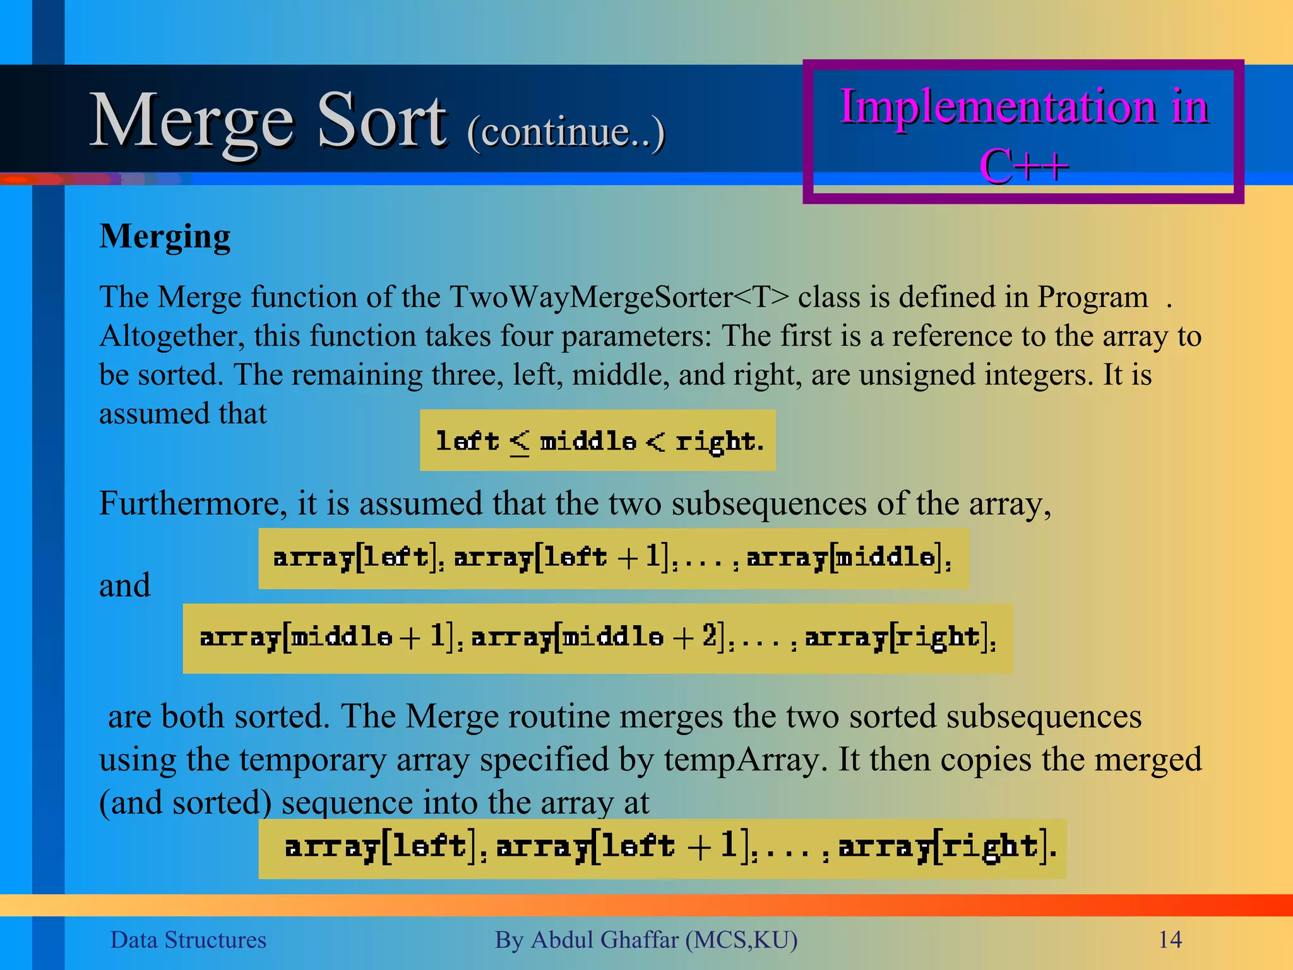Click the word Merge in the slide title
point(192,121)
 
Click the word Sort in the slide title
point(381,121)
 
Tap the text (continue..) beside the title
point(566,133)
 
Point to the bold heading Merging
point(165,237)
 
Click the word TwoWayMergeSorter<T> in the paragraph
point(619,297)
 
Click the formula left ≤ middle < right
point(599,441)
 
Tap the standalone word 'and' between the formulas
point(125,585)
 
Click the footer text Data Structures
point(188,940)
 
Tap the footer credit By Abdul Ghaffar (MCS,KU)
point(646,940)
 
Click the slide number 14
point(1170,940)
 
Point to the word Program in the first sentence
point(1092,297)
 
